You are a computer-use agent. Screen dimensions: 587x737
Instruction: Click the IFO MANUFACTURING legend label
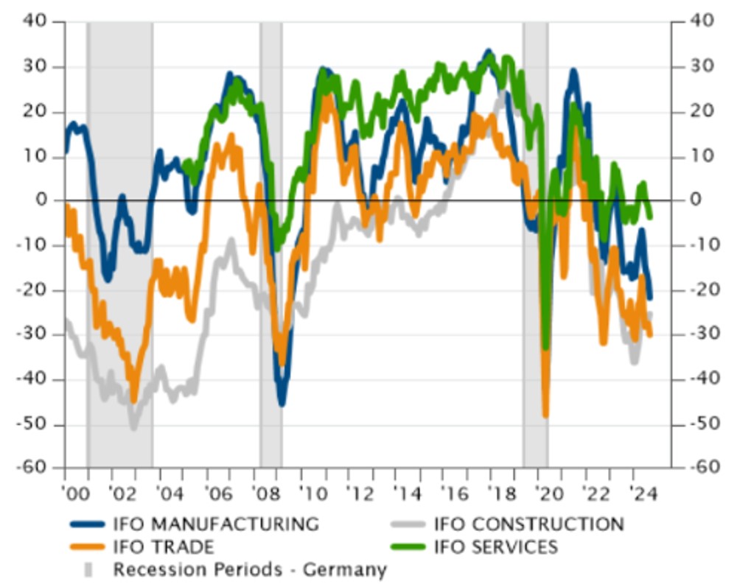tap(215, 524)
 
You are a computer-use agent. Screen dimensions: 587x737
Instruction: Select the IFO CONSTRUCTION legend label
tap(528, 524)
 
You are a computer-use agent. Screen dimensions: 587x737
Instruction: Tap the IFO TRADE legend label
tap(163, 546)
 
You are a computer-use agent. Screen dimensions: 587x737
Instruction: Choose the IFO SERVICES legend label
tap(496, 546)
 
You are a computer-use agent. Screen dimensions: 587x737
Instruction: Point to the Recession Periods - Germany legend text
tap(249, 569)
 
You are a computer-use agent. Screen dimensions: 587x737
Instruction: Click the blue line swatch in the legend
tap(88, 525)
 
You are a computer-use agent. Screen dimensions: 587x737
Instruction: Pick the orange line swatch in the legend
tap(88, 547)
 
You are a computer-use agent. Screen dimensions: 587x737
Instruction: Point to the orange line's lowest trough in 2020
tap(546, 415)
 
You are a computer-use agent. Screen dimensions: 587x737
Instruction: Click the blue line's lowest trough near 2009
tap(282, 403)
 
